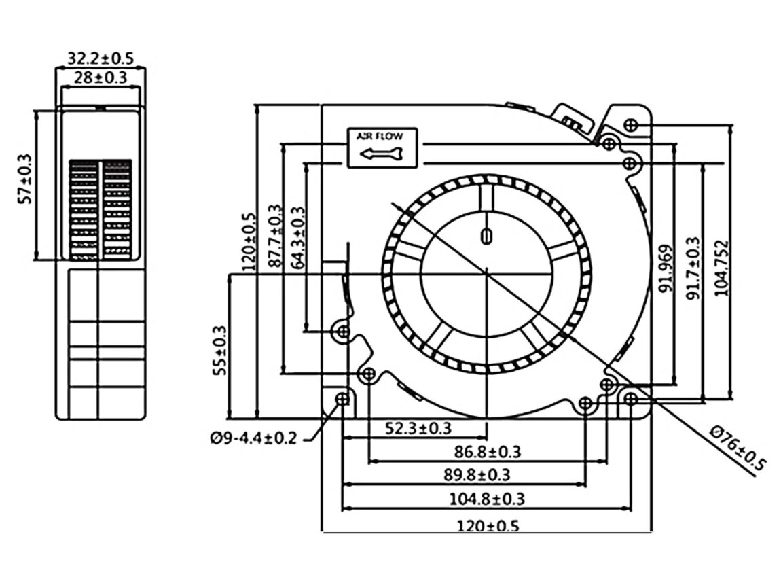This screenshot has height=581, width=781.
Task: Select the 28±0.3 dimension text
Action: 101,77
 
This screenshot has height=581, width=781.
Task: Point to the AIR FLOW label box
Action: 384,147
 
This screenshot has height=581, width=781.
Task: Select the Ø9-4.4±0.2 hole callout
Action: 253,439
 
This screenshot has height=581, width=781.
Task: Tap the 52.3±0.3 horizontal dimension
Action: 419,428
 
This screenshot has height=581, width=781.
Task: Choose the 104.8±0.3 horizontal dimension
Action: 487,499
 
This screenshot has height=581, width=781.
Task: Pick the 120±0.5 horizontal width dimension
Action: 487,525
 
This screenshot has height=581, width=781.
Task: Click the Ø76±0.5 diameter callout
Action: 738,448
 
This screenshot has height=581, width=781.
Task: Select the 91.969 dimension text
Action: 666,269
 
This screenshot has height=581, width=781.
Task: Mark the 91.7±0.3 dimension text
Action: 692,269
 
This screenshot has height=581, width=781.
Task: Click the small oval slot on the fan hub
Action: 486,235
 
